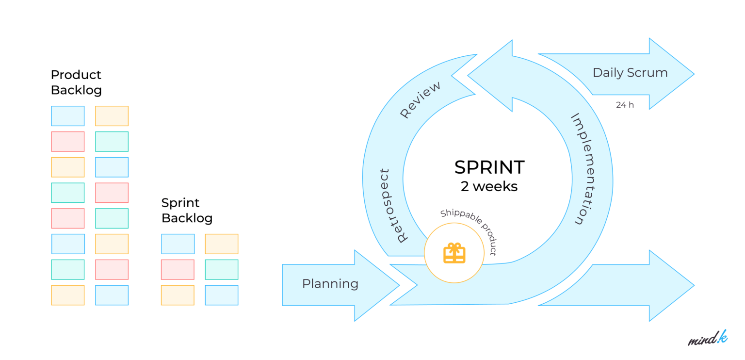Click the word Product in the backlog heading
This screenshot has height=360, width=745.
point(76,75)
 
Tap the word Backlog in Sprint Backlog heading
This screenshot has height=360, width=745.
point(187,218)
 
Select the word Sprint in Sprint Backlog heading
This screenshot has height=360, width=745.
point(180,203)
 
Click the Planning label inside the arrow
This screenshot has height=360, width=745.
point(330,284)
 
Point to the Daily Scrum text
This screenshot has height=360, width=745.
point(630,73)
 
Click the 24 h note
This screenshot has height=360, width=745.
point(625,105)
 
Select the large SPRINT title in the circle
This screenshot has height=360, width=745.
point(489,167)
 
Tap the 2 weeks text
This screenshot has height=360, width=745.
point(489,186)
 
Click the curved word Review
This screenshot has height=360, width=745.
point(420,100)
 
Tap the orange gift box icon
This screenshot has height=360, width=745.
point(454,253)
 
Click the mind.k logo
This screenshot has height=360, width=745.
point(708,338)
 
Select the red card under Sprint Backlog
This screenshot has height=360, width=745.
point(178,269)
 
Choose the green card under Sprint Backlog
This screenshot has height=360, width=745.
point(221,269)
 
